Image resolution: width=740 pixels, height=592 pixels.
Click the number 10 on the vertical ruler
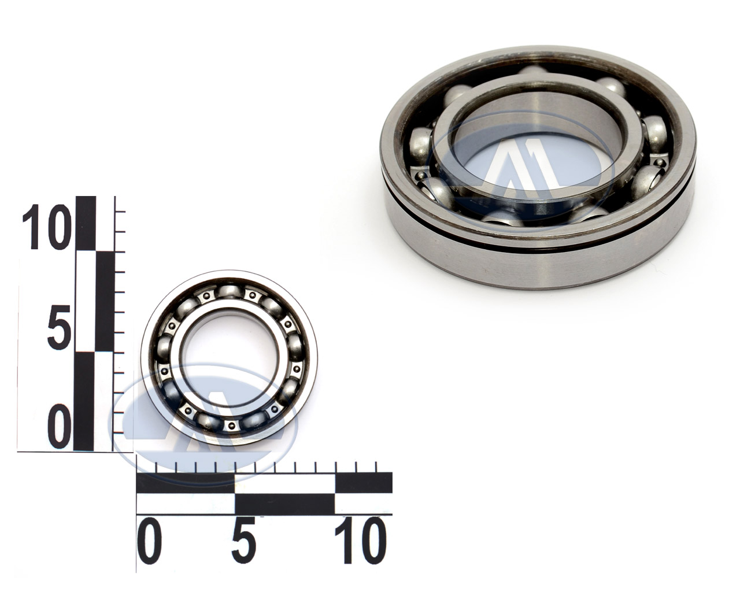coord(46,227)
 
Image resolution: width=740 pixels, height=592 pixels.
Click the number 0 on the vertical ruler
coord(60,427)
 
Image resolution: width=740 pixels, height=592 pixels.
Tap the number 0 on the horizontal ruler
coord(149,542)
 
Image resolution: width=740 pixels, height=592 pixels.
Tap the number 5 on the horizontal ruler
coord(245,542)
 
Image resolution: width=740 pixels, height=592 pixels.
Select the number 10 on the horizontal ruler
coord(359,542)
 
